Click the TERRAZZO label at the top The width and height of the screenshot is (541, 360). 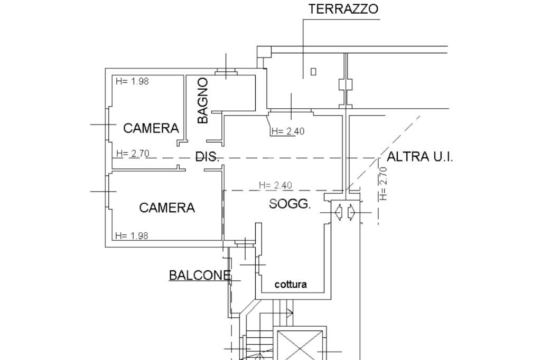(x=343, y=9)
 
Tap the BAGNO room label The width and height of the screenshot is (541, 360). (x=203, y=100)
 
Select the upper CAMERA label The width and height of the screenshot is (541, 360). (x=151, y=128)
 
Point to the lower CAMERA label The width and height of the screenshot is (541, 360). (x=167, y=207)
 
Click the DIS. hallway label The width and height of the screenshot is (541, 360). (x=207, y=157)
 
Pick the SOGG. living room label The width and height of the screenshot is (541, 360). (x=290, y=204)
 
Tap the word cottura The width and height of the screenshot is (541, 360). (x=291, y=285)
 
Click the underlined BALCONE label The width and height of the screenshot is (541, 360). (x=200, y=275)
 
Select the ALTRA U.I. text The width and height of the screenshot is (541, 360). (x=420, y=157)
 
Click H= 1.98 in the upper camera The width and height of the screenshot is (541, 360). (x=132, y=82)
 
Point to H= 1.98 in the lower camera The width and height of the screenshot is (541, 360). (x=132, y=236)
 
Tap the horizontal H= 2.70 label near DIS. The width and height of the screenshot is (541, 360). (x=133, y=154)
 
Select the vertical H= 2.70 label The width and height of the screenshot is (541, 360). (x=384, y=183)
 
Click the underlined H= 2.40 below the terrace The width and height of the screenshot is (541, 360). (x=288, y=131)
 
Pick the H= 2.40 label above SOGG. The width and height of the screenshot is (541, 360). (x=275, y=185)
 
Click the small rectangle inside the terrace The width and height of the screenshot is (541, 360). (x=313, y=72)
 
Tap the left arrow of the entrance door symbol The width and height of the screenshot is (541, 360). (x=339, y=212)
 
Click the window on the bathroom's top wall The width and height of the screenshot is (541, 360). (x=227, y=72)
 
